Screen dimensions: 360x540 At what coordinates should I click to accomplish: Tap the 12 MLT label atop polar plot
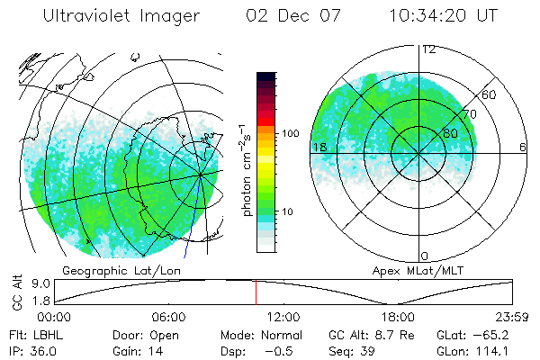point(428,49)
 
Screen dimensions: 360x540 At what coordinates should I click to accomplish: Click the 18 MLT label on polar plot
point(319,147)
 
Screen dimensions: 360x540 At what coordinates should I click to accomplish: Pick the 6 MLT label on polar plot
point(522,147)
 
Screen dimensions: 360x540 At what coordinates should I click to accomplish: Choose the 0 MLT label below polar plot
point(424,256)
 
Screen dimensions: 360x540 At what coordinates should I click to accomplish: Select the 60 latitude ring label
point(489,94)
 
